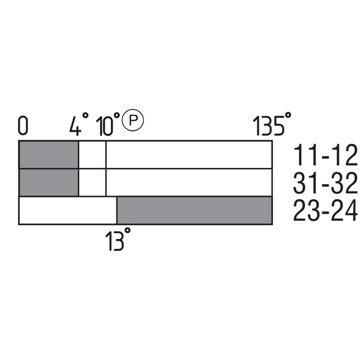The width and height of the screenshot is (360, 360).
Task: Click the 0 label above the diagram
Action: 23,126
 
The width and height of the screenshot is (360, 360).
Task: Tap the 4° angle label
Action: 79,124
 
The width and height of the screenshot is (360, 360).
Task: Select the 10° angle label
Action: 108,124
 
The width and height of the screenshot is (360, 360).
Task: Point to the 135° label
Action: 272,124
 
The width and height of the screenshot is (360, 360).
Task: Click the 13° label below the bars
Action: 118,239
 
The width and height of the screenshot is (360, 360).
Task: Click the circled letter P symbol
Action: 133,120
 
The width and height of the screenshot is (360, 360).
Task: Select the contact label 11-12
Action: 325,155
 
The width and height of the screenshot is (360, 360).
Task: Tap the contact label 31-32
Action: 325,183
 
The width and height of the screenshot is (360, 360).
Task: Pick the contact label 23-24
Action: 325,210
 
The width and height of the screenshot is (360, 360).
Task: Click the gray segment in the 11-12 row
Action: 49,155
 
